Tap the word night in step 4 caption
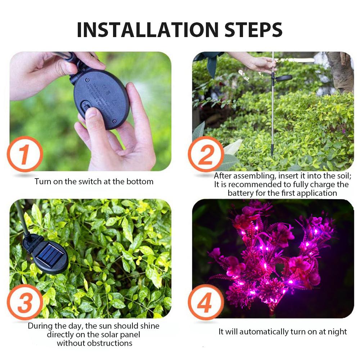point(337,332)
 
